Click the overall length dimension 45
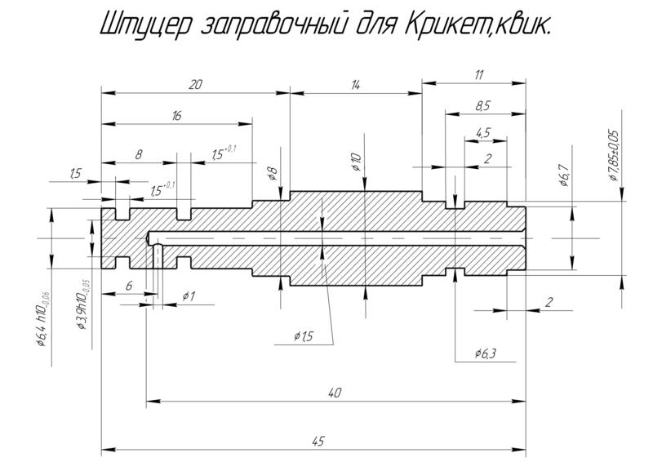pos(318,441)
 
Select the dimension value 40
pos(334,393)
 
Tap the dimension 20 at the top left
pos(194,84)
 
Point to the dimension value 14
pos(355,84)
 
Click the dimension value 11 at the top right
pos(478,74)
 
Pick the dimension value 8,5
pos(482,105)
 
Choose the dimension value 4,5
pos(482,132)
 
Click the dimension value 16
pos(176,116)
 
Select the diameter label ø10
pos(355,161)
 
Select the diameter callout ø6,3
pos(485,353)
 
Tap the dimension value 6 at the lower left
pos(129,286)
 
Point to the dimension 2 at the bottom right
pos(549,302)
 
